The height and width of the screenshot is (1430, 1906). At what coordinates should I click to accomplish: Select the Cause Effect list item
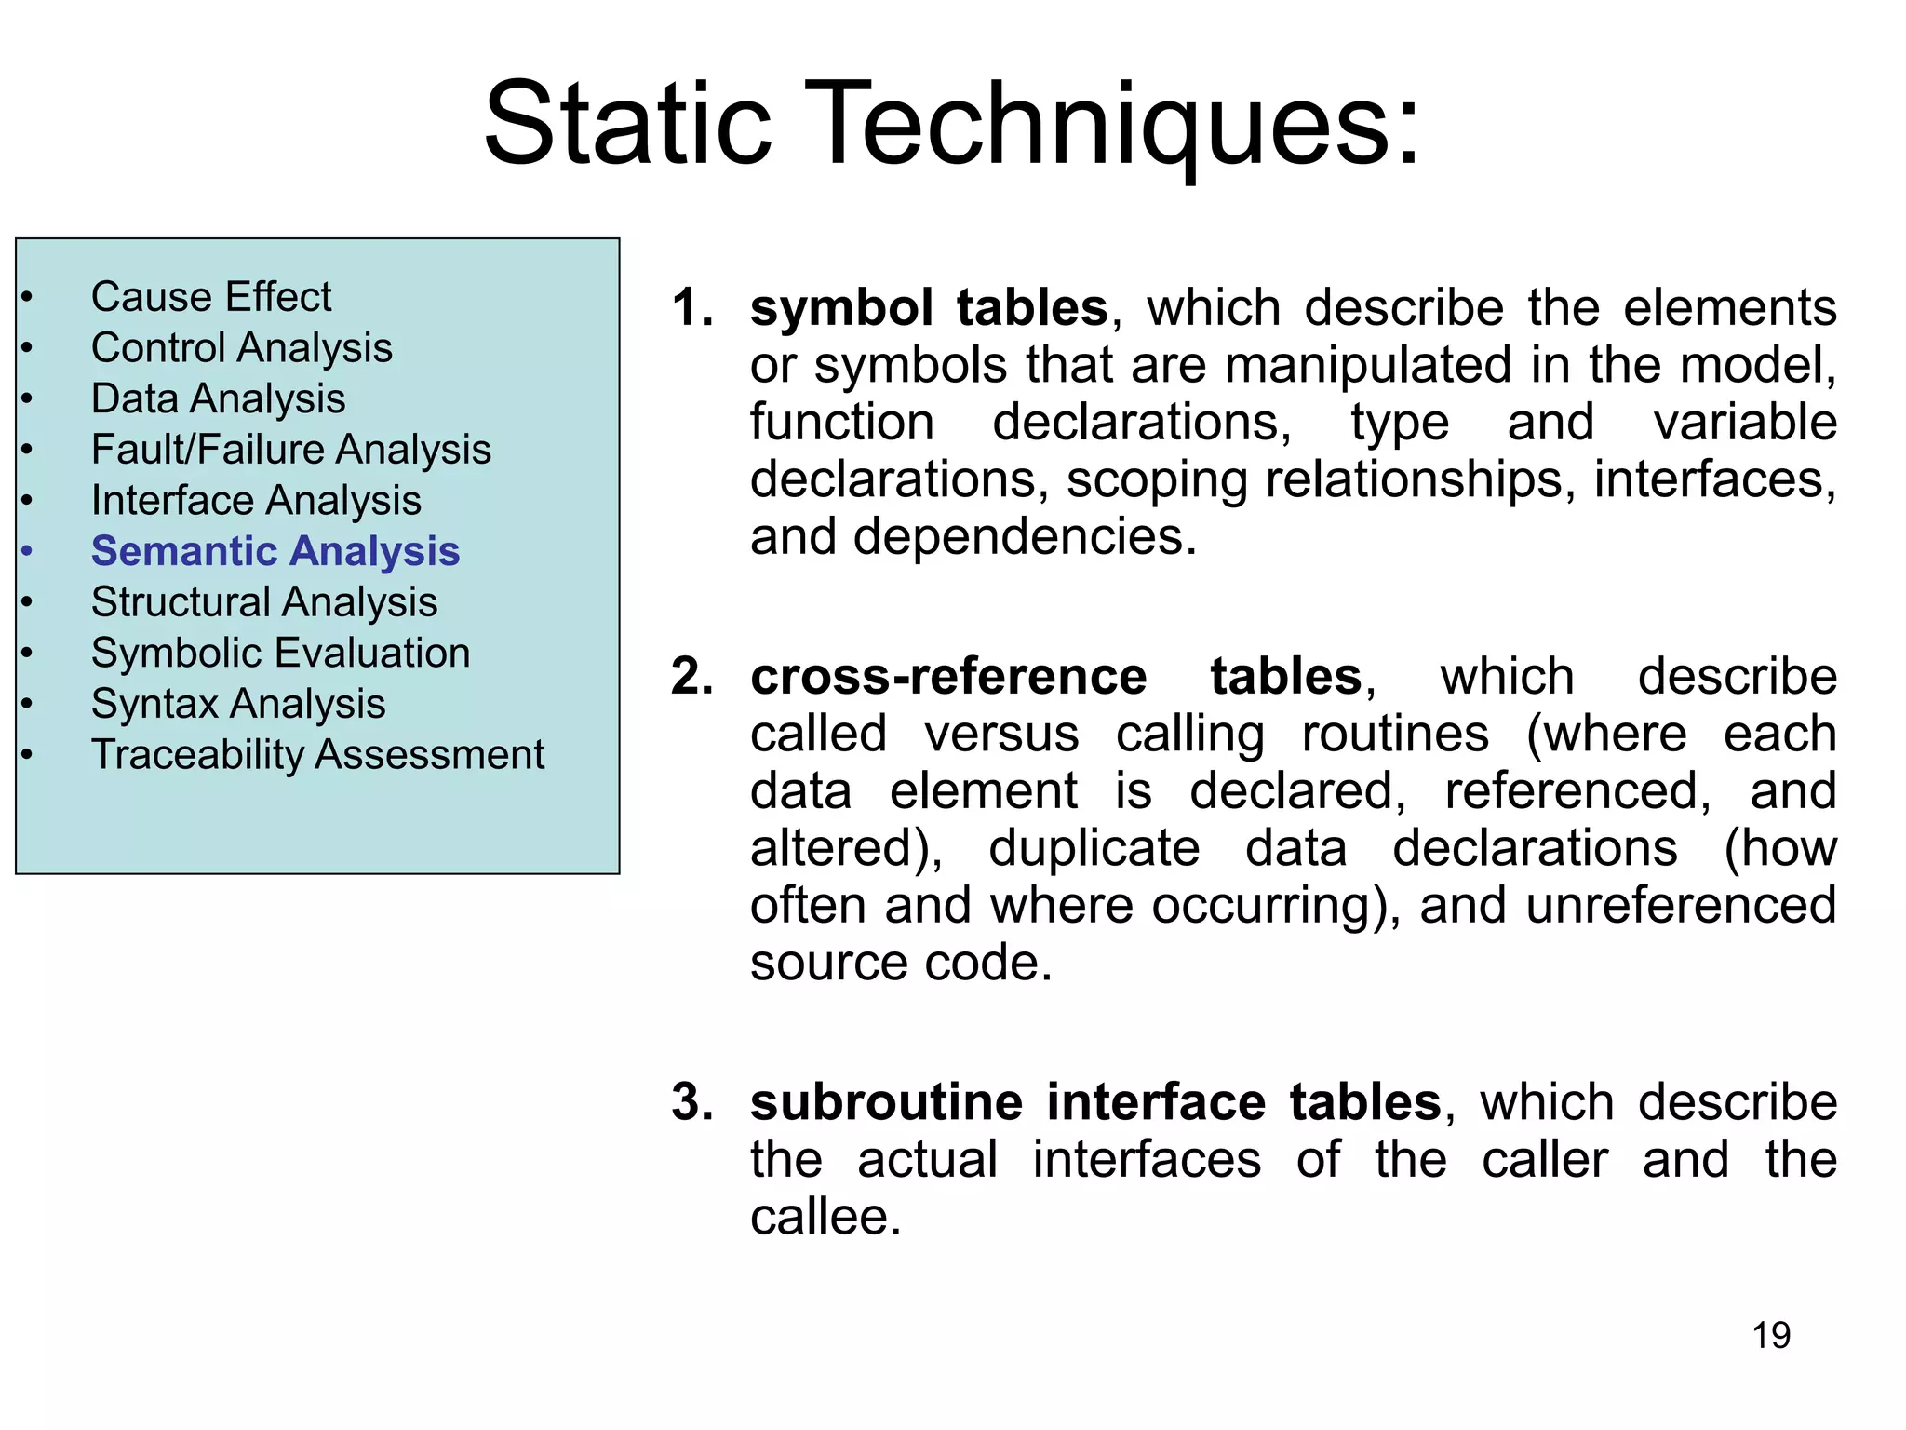[x=210, y=297]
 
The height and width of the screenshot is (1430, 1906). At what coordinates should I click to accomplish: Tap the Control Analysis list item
[x=241, y=348]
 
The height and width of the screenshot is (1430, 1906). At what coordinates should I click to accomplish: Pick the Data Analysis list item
[x=218, y=398]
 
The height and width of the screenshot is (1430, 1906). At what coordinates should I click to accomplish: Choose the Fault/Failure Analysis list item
[x=290, y=450]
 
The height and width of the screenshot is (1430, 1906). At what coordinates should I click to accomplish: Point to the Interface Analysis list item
[x=256, y=501]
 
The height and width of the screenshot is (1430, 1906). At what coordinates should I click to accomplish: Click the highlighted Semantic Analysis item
[x=275, y=551]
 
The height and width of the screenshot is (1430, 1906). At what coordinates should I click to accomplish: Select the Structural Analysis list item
[x=264, y=602]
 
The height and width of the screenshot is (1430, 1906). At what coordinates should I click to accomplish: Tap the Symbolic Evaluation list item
[x=280, y=653]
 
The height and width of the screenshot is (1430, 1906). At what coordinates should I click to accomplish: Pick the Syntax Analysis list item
[x=238, y=704]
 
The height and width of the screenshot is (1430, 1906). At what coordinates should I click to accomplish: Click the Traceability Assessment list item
[x=317, y=754]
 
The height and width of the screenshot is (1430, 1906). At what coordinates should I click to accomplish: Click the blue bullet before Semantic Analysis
[x=28, y=551]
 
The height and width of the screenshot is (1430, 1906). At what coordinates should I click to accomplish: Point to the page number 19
[x=1770, y=1335]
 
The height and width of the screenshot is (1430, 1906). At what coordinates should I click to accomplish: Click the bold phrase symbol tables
[x=928, y=307]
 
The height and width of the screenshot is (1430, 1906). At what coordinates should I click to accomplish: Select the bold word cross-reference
[x=947, y=676]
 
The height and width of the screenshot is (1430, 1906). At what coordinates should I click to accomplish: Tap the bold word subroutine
[x=886, y=1102]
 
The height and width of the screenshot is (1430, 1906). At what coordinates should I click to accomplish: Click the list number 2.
[x=691, y=676]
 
